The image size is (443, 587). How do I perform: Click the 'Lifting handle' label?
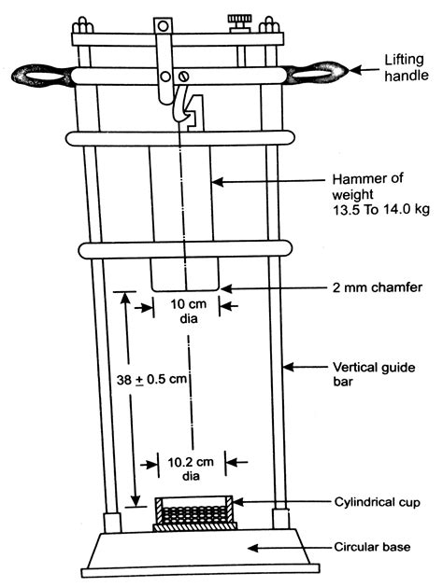pos(407,68)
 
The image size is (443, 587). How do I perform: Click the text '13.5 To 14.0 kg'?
pos(380,209)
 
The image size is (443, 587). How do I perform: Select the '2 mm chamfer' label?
pos(378,287)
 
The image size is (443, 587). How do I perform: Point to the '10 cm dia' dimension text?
pos(189,311)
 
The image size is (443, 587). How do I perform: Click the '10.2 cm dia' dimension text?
pos(191,468)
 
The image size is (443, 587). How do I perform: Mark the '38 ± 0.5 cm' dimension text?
pos(151,379)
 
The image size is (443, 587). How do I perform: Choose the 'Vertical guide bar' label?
pos(374,374)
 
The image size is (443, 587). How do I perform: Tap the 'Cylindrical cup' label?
pos(377,502)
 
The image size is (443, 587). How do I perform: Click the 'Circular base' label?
pos(372,547)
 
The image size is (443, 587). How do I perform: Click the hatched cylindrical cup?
pos(194,513)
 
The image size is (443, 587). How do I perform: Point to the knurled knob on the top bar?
pos(239,21)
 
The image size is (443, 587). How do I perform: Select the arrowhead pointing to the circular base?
pos(253,548)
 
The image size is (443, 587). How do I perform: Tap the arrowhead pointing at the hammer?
pos(218,182)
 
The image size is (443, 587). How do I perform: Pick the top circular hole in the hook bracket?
pos(163,26)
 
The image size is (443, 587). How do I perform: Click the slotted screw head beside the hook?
pos(183,77)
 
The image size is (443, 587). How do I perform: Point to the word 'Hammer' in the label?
pos(356,179)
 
